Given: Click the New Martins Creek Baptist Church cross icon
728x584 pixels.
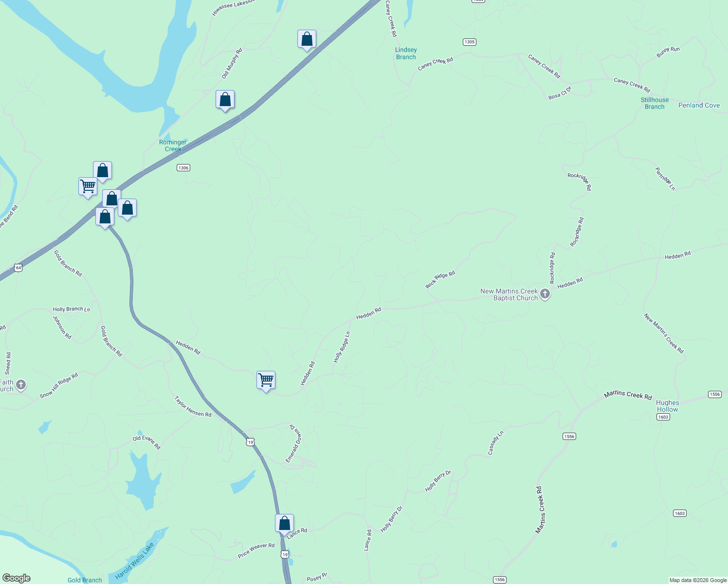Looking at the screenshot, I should [x=545, y=294].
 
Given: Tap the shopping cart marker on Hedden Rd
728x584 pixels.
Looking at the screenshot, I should [x=266, y=380].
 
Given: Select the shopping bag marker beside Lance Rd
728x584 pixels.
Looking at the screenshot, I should [x=284, y=524].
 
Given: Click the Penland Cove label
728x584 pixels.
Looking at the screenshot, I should [x=699, y=105].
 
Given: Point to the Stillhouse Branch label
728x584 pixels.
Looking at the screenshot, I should [x=655, y=103].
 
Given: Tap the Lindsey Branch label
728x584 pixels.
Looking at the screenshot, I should [x=406, y=54].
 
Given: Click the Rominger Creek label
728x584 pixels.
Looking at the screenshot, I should [x=173, y=146].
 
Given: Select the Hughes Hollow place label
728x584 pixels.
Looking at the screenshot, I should [x=667, y=406].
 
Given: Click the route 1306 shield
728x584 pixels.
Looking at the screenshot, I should [x=183, y=168].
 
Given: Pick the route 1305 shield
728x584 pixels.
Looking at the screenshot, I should [x=469, y=42].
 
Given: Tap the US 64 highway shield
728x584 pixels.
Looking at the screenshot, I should [x=18, y=268].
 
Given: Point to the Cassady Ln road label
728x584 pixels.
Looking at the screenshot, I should [x=495, y=443].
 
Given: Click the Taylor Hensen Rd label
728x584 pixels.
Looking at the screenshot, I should [x=193, y=407].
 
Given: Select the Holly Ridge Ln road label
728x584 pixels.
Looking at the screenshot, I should [x=342, y=347].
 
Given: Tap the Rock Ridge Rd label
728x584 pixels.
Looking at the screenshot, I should [x=440, y=279].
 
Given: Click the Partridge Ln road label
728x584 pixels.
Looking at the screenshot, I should [x=665, y=179].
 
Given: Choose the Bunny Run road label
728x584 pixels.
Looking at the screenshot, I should [x=668, y=52].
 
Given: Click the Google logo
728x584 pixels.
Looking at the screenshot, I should [x=17, y=578].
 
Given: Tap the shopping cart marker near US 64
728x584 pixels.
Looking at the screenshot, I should [x=88, y=186].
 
